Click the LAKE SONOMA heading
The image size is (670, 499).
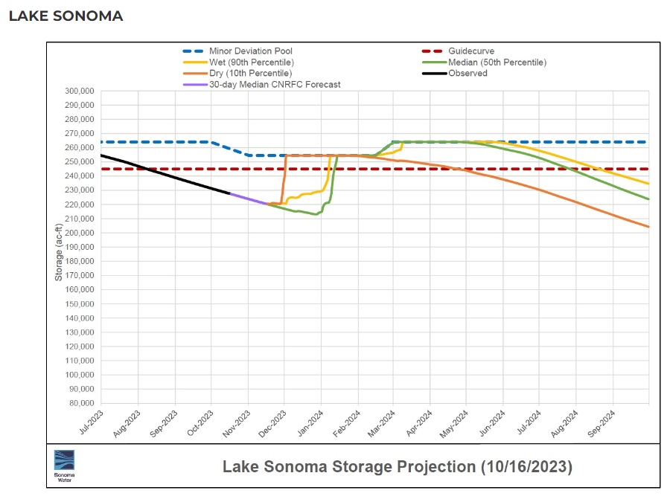click(66, 16)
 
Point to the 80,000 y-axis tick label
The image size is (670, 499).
click(80, 403)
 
